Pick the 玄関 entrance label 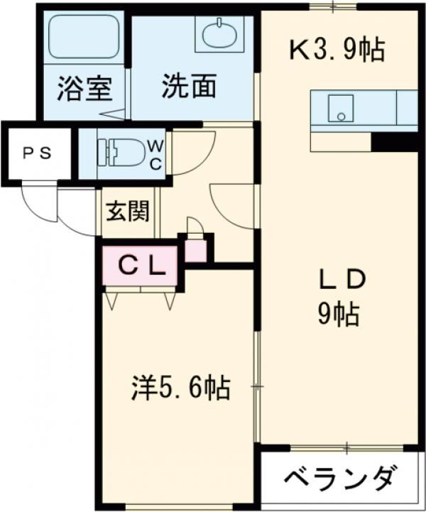coord(128,212)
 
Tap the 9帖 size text coord(338,313)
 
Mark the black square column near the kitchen coord(395,142)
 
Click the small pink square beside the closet coord(195,250)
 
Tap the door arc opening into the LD coord(234,206)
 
